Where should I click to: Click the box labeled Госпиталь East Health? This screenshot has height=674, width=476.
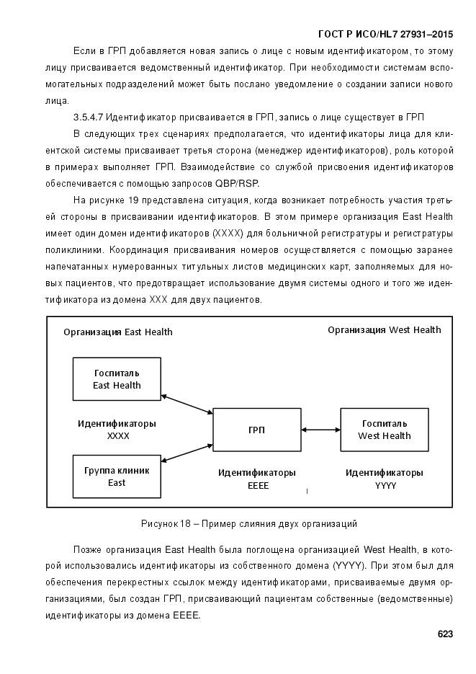[117, 379]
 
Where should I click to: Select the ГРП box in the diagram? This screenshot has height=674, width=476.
[256, 430]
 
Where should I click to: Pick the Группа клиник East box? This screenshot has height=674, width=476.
[117, 476]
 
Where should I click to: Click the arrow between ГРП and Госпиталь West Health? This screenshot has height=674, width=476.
[320, 430]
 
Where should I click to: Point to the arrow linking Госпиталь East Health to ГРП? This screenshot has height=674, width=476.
[187, 404]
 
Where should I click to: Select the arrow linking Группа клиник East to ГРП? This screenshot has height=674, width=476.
[187, 452]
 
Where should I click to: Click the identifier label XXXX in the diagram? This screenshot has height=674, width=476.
[118, 436]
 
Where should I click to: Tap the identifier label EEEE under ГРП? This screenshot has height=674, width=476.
[257, 486]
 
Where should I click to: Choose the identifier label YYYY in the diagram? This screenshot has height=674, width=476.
[385, 486]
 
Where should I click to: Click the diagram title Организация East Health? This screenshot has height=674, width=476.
[118, 332]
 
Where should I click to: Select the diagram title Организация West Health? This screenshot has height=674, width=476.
[385, 330]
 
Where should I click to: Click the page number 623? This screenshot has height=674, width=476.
[444, 634]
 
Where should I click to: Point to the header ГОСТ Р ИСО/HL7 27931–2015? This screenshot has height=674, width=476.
[385, 35]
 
